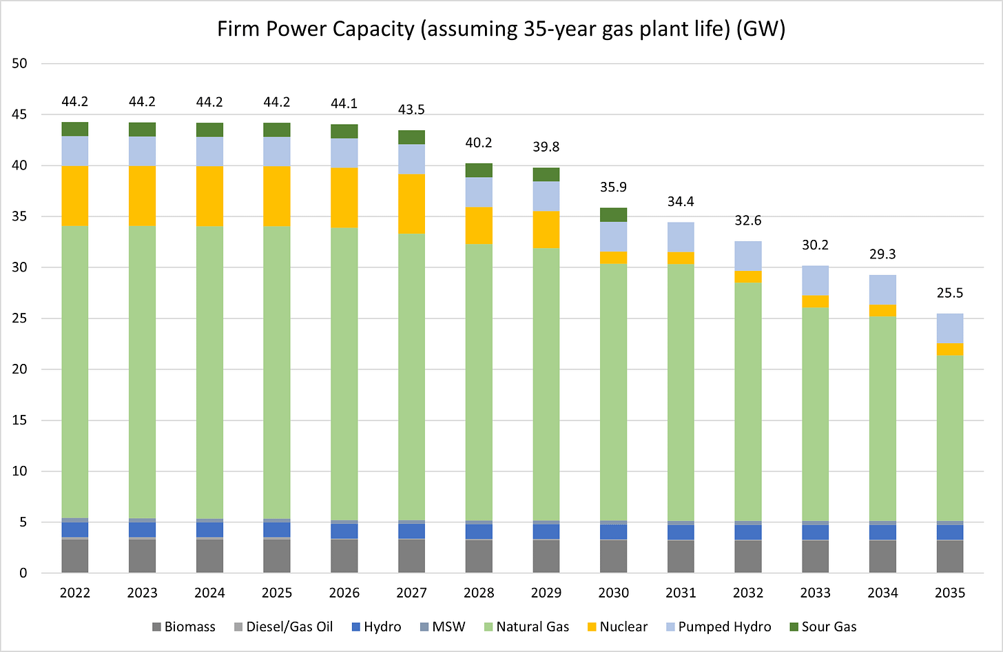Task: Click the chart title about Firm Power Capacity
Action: [501, 29]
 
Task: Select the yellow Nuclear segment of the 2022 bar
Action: [75, 196]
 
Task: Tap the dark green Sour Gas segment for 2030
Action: [613, 214]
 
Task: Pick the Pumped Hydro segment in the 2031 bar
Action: [681, 237]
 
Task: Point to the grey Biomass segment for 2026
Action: [344, 556]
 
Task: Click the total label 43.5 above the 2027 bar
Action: [411, 110]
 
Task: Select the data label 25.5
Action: [949, 294]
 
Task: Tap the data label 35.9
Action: [613, 187]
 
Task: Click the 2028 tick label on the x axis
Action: [479, 593]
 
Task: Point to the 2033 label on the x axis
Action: [815, 593]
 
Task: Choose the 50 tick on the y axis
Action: [19, 63]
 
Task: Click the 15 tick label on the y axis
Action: [19, 420]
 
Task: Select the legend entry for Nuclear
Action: [617, 627]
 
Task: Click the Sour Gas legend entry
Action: [823, 627]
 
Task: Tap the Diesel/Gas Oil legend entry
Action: [283, 627]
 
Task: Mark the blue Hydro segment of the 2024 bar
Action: [209, 529]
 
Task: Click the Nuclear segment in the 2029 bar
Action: [546, 230]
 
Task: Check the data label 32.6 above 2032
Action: [747, 221]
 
